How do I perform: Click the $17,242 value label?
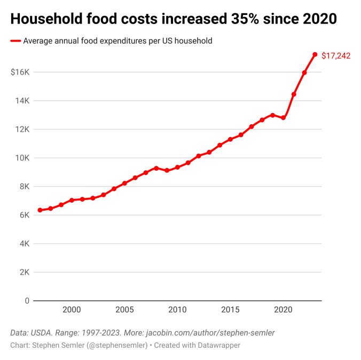[x=336, y=55]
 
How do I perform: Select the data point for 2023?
[x=315, y=54]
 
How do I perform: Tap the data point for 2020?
[x=283, y=118]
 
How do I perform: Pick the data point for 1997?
[x=40, y=210]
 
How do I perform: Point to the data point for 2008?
[x=156, y=168]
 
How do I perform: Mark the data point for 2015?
[x=230, y=140]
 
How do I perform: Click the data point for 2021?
[x=294, y=94]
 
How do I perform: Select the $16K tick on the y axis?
[x=20, y=72]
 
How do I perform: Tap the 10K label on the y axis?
[x=22, y=158]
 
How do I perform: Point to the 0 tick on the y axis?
[x=26, y=301]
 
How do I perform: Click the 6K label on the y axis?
[x=23, y=215]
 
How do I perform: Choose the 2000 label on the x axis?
[x=72, y=310]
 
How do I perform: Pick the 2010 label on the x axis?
[x=177, y=310]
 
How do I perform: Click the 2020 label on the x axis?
[x=283, y=310]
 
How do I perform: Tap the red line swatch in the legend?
[x=15, y=41]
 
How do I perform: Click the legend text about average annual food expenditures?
[x=117, y=41]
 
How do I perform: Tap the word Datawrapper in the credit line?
[x=219, y=346]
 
